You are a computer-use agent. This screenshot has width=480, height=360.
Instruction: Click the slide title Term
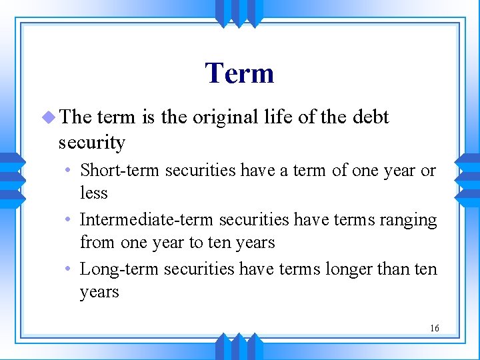point(239,73)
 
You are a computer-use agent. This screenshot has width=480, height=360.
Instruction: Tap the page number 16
point(435,328)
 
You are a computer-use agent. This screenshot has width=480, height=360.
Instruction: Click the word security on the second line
point(91,143)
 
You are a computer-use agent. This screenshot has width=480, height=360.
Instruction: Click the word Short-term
point(120,171)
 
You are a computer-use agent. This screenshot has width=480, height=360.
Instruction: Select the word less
point(93,193)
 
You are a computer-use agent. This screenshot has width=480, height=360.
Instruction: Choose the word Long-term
point(119,269)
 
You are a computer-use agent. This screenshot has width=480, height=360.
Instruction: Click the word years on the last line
point(99,293)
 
